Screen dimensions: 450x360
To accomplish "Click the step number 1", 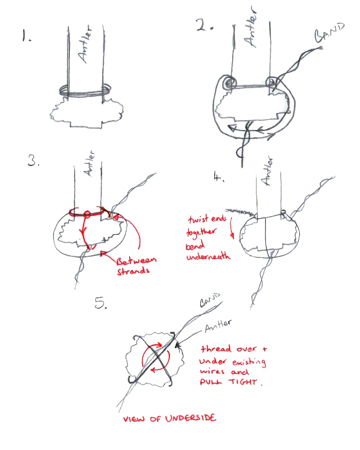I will click(x=26, y=36).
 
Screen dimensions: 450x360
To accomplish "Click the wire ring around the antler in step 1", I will click(x=85, y=92).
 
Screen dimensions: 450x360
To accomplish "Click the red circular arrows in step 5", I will click(x=156, y=358).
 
